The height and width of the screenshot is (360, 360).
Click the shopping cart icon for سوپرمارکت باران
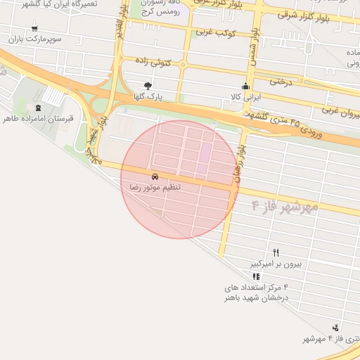[x=35, y=30]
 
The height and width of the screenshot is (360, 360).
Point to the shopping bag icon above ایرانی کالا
[x=245, y=85]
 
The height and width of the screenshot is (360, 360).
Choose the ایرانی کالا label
[x=246, y=96]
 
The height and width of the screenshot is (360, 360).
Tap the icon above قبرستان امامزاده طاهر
[x=38, y=108]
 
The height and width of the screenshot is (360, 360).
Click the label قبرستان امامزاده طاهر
[x=38, y=119]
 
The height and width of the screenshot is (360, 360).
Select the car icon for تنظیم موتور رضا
[x=154, y=176]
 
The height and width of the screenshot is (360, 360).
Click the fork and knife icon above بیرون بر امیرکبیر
[x=276, y=253]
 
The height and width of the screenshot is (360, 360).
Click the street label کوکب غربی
[x=215, y=32]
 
